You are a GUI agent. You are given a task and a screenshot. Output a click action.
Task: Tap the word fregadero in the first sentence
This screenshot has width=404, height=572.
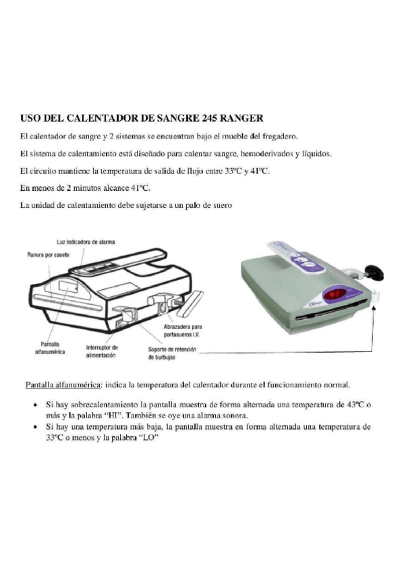pos(282,136)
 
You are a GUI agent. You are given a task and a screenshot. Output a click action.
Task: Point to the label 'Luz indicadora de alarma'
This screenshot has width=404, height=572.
pos(86,242)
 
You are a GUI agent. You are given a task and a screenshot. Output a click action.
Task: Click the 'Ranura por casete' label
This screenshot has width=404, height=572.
pos(48,254)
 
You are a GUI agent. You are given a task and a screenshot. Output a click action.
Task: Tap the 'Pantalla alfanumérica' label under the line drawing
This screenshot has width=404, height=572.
pos(50,348)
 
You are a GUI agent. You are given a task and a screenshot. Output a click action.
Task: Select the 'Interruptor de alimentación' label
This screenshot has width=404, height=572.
pos(102,351)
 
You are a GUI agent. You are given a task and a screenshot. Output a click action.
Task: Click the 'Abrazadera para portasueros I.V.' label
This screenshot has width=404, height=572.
pos(183,331)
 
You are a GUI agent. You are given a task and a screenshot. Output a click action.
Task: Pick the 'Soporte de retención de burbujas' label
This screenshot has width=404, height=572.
pos(172,353)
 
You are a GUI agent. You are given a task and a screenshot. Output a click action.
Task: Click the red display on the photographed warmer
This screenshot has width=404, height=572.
pos(336,294)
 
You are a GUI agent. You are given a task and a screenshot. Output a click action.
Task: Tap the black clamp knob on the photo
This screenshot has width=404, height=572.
pos(374,272)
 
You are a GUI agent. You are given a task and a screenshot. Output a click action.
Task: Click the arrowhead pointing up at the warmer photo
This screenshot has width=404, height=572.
pos(373,309)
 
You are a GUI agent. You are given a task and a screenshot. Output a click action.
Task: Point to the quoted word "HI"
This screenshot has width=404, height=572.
pos(115,415)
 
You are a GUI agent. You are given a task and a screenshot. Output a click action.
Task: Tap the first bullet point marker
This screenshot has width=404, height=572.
pos(35,405)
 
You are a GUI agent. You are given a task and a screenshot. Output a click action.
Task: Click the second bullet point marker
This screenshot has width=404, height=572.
pos(35,427)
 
